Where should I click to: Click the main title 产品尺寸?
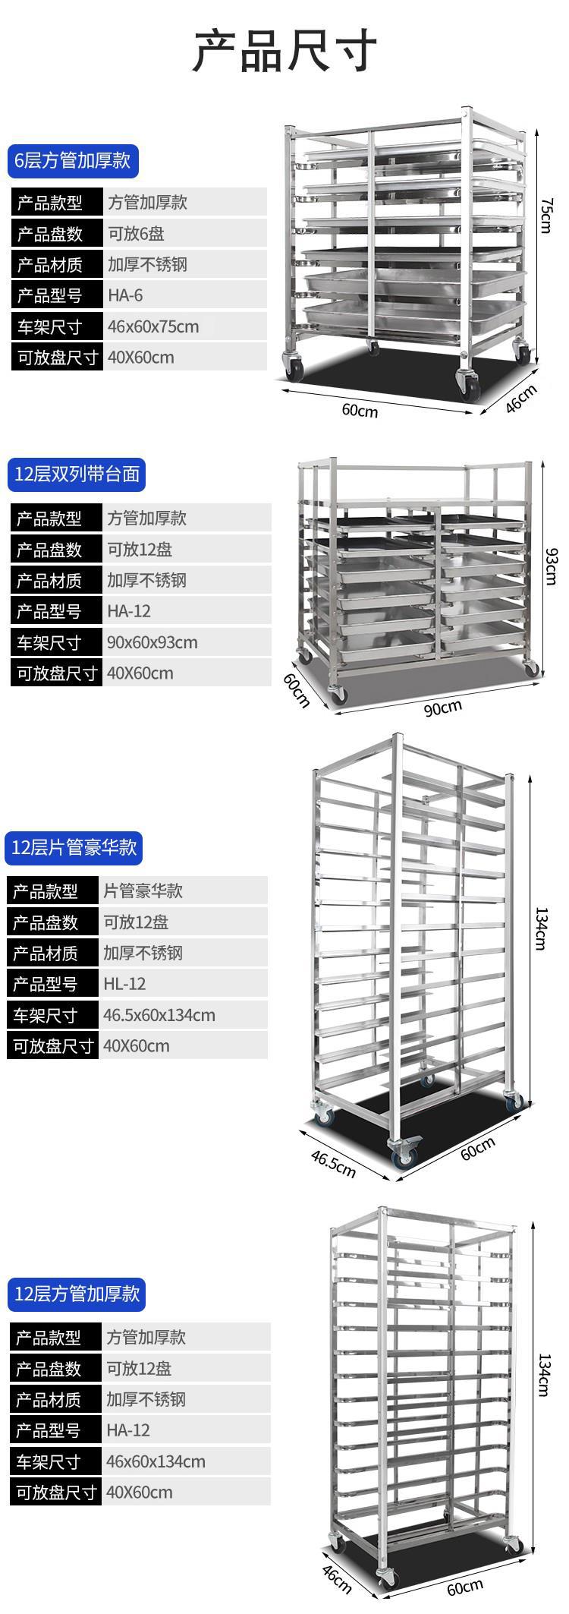click(x=284, y=51)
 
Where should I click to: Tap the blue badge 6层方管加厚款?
click(x=74, y=160)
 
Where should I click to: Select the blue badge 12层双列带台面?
click(x=77, y=474)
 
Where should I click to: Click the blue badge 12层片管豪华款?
click(x=74, y=847)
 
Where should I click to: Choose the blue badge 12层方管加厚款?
click(x=77, y=1294)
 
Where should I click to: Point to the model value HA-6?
click(x=125, y=295)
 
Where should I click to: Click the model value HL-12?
click(x=124, y=984)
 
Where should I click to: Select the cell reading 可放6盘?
click(x=137, y=234)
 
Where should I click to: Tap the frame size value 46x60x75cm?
click(x=153, y=326)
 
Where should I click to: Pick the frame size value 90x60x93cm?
click(x=152, y=642)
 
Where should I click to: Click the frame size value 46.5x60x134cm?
click(x=159, y=1015)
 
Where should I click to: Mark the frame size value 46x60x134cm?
click(x=156, y=1461)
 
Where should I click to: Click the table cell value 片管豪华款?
click(x=143, y=891)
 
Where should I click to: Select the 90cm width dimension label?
click(x=442, y=707)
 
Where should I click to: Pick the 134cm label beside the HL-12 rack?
click(x=540, y=928)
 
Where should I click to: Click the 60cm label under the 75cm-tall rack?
click(x=360, y=410)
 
